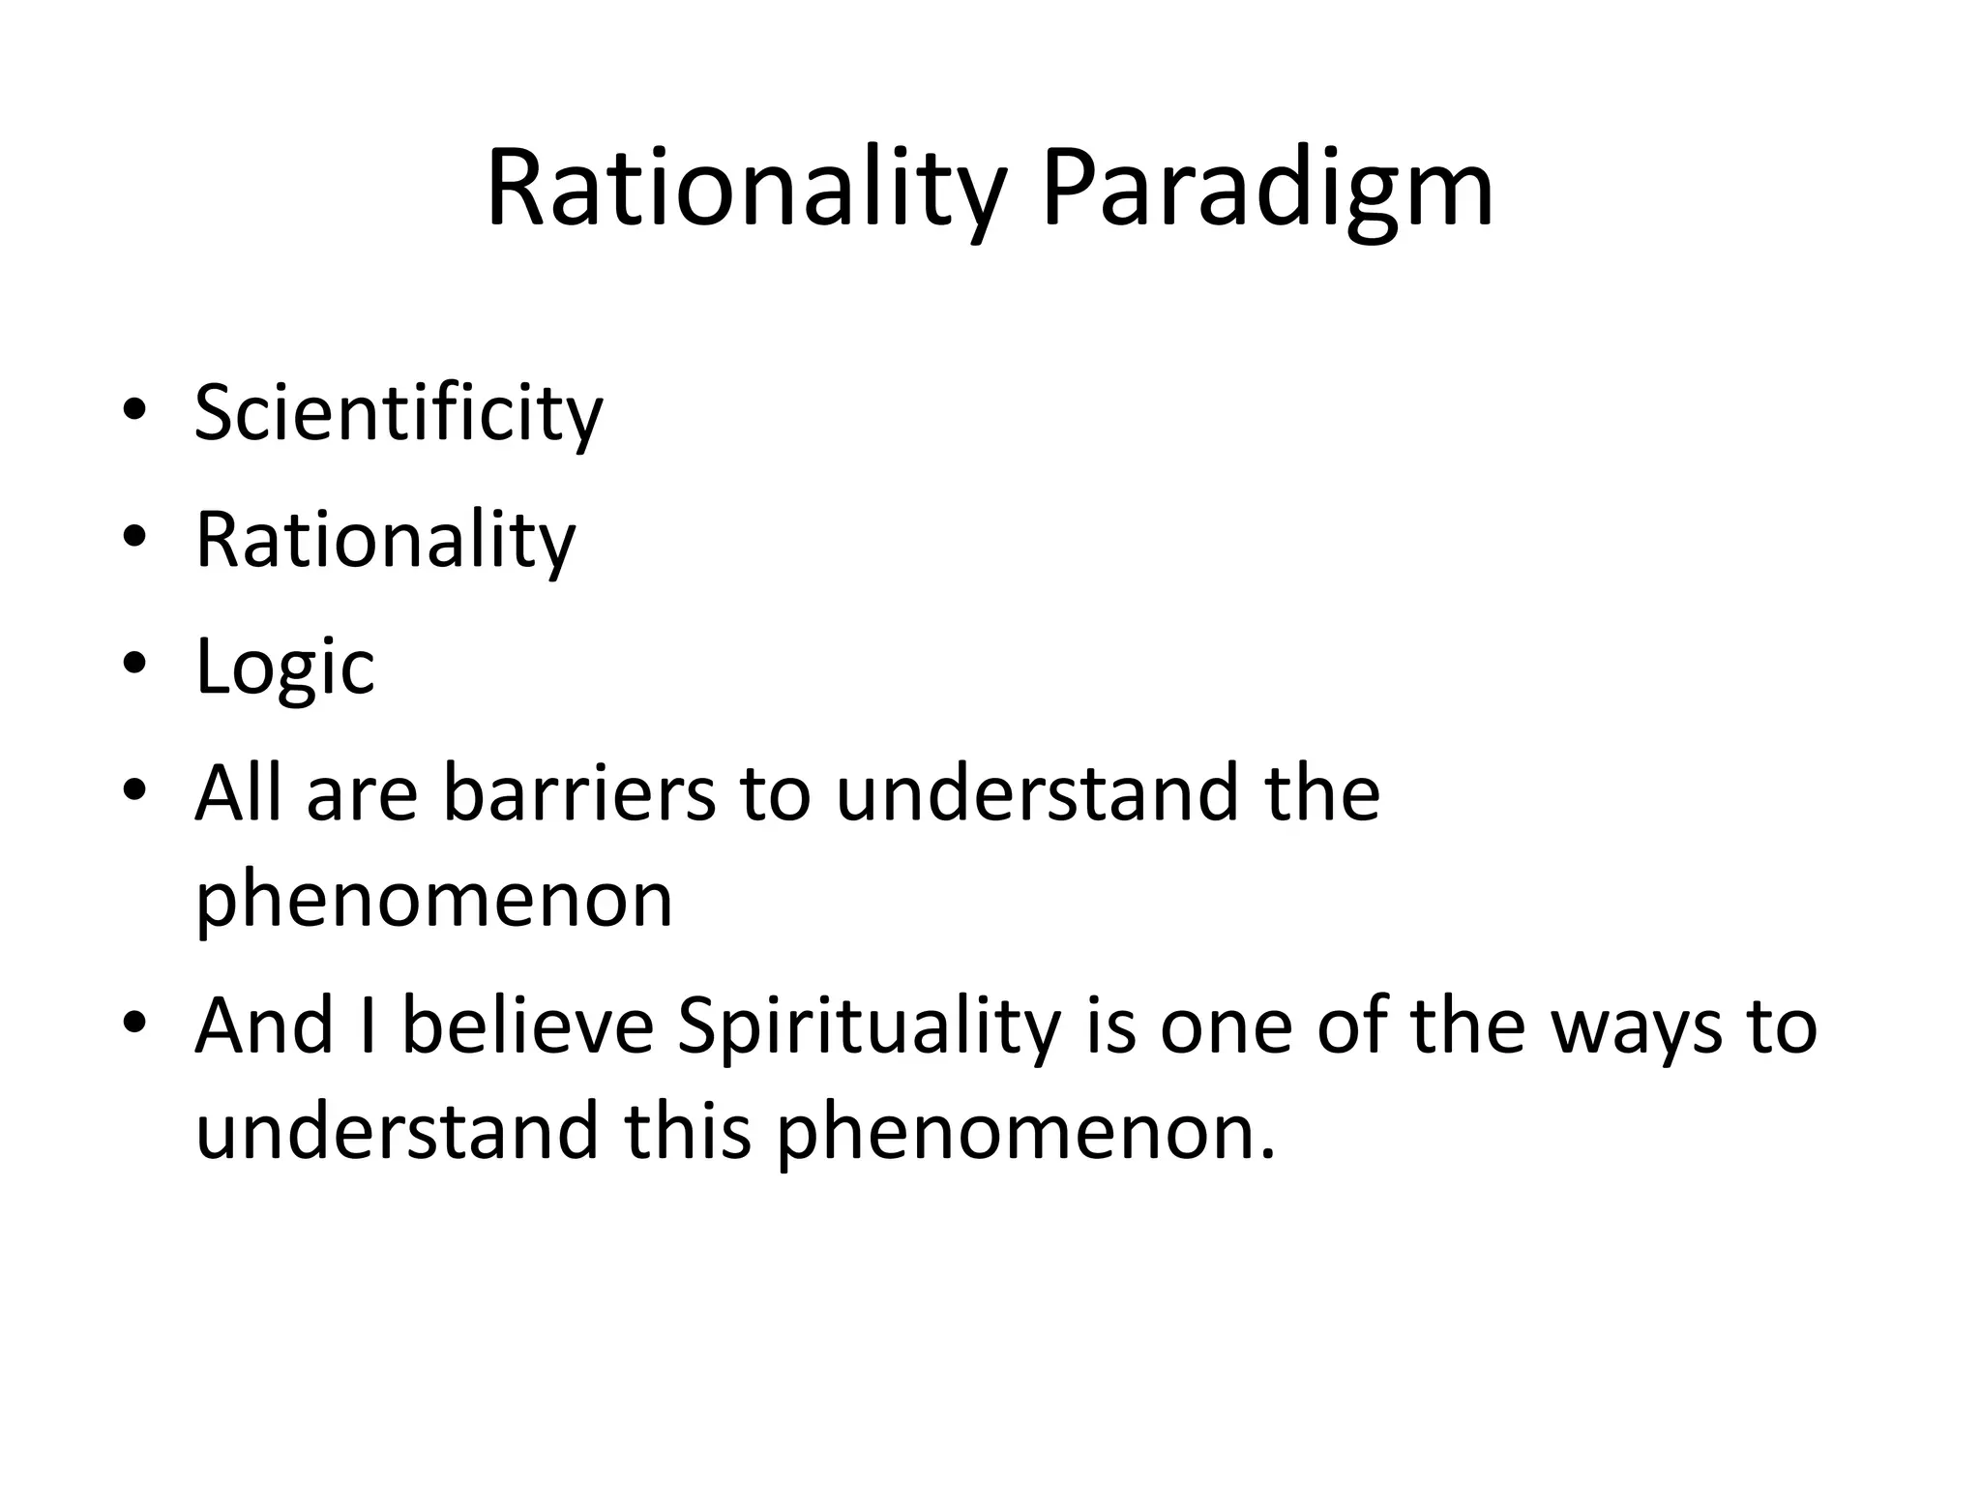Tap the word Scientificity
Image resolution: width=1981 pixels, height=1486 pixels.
click(399, 414)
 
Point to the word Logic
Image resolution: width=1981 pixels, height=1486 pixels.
click(284, 668)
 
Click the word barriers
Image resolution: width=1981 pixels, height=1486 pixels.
click(579, 793)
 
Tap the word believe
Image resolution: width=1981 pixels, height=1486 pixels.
click(528, 1025)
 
